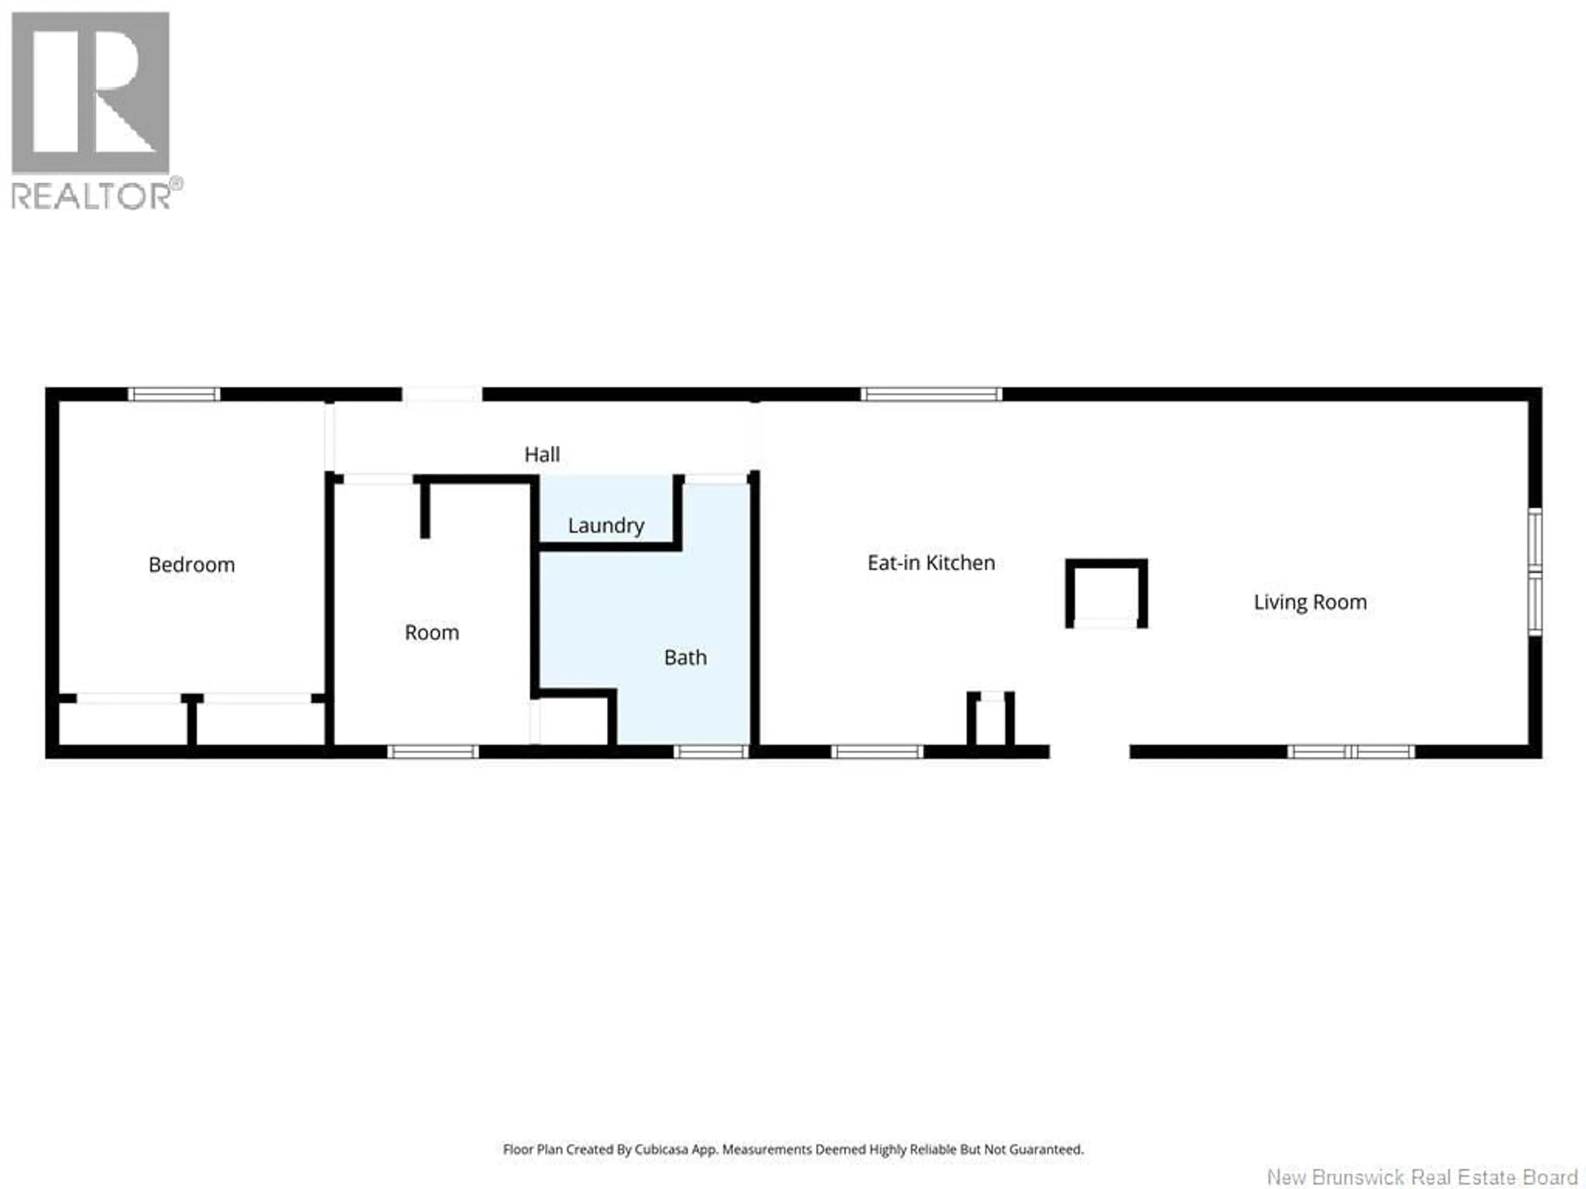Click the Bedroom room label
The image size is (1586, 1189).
coord(192,565)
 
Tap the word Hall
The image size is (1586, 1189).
coord(542,455)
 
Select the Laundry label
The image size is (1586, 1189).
coord(606,525)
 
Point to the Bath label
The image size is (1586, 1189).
coord(686,657)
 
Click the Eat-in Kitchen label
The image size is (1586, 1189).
coord(931,563)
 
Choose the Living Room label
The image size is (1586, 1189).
coord(1310,602)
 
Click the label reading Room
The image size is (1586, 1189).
coord(432,632)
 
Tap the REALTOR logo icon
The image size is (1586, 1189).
coord(91,93)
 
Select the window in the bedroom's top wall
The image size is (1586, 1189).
coord(174,394)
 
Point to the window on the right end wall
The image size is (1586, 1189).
coord(1534,572)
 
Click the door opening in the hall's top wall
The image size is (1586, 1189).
coord(442,394)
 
